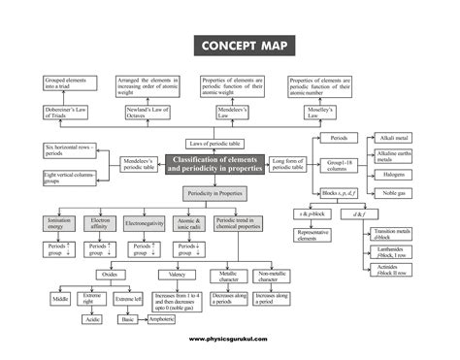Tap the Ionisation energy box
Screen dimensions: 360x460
click(58, 224)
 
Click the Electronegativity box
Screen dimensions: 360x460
click(144, 224)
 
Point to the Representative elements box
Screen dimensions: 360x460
click(316, 236)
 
